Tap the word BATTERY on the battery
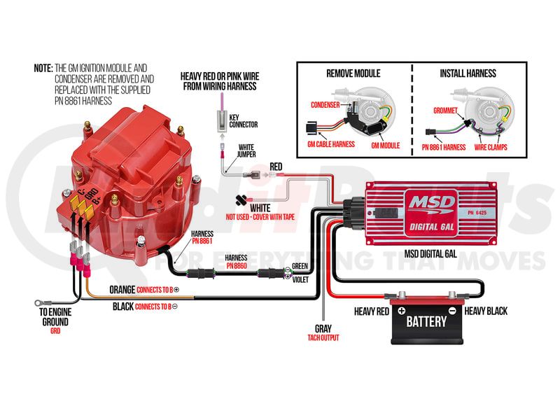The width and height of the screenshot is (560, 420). pos(426,321)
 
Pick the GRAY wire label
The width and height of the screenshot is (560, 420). pos(323,328)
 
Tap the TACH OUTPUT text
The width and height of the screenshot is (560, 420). pos(323,337)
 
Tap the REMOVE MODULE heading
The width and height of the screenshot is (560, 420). pos(353,73)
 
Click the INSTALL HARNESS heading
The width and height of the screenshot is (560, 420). pos(468,73)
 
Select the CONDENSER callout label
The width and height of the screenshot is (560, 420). pos(325,105)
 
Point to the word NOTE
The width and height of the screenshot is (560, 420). pos(43,69)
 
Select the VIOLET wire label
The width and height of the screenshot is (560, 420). pos(300,279)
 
